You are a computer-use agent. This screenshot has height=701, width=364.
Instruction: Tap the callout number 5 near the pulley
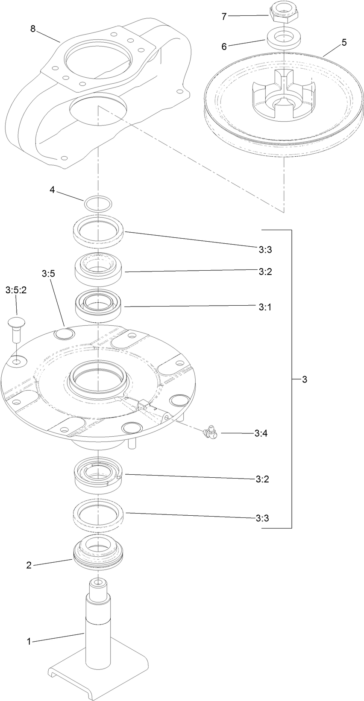(344, 42)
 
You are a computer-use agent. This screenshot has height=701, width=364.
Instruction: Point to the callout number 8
(33, 29)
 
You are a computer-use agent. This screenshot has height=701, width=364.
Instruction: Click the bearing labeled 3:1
(99, 306)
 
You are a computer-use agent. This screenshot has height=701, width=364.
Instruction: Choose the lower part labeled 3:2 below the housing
(99, 476)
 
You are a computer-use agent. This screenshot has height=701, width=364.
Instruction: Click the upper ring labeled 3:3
(99, 231)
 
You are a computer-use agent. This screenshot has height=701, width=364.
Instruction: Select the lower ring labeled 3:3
(99, 514)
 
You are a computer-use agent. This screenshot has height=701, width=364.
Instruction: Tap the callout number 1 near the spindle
(29, 641)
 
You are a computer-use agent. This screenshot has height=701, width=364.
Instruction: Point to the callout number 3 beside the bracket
(304, 379)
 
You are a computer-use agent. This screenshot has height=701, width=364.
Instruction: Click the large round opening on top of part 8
(93, 58)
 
